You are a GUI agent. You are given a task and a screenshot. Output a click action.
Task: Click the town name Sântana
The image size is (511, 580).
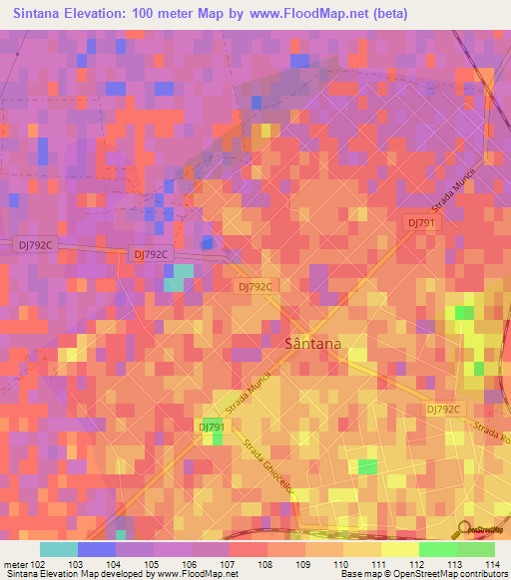click(313, 343)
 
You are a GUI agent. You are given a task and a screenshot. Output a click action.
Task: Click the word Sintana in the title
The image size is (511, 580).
click(45, 14)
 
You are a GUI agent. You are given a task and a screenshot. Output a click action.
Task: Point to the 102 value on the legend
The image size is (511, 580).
click(38, 563)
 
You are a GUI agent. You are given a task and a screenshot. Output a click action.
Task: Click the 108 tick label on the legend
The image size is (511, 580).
click(266, 563)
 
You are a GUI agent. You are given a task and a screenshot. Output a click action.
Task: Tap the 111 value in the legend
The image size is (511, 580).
click(380, 563)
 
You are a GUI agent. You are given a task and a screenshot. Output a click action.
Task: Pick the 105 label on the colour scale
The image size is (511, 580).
click(153, 563)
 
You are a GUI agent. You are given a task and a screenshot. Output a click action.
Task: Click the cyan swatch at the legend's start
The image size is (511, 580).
click(58, 549)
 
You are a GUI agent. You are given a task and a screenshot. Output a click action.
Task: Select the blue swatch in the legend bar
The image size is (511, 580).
click(96, 549)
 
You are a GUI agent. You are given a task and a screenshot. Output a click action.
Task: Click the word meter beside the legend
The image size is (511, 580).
click(15, 563)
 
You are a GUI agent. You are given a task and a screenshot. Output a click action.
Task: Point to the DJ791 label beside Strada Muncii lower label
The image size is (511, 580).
click(212, 427)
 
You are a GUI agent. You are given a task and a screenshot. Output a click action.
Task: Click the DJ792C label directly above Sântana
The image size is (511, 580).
click(254, 286)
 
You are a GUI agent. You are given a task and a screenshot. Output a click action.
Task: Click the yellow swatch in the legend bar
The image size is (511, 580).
click(399, 549)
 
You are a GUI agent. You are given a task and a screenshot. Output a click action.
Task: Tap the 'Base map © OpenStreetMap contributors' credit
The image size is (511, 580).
click(422, 574)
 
